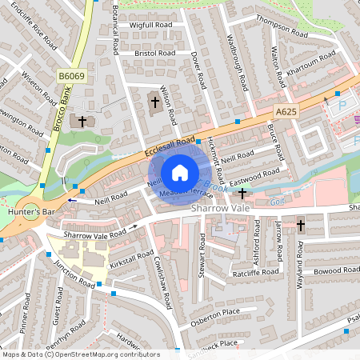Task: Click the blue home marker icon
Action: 180,172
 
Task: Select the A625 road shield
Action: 287,114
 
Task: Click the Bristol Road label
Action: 150,53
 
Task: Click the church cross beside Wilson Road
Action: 155,102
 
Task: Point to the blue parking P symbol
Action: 342,105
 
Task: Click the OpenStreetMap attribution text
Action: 80,354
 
